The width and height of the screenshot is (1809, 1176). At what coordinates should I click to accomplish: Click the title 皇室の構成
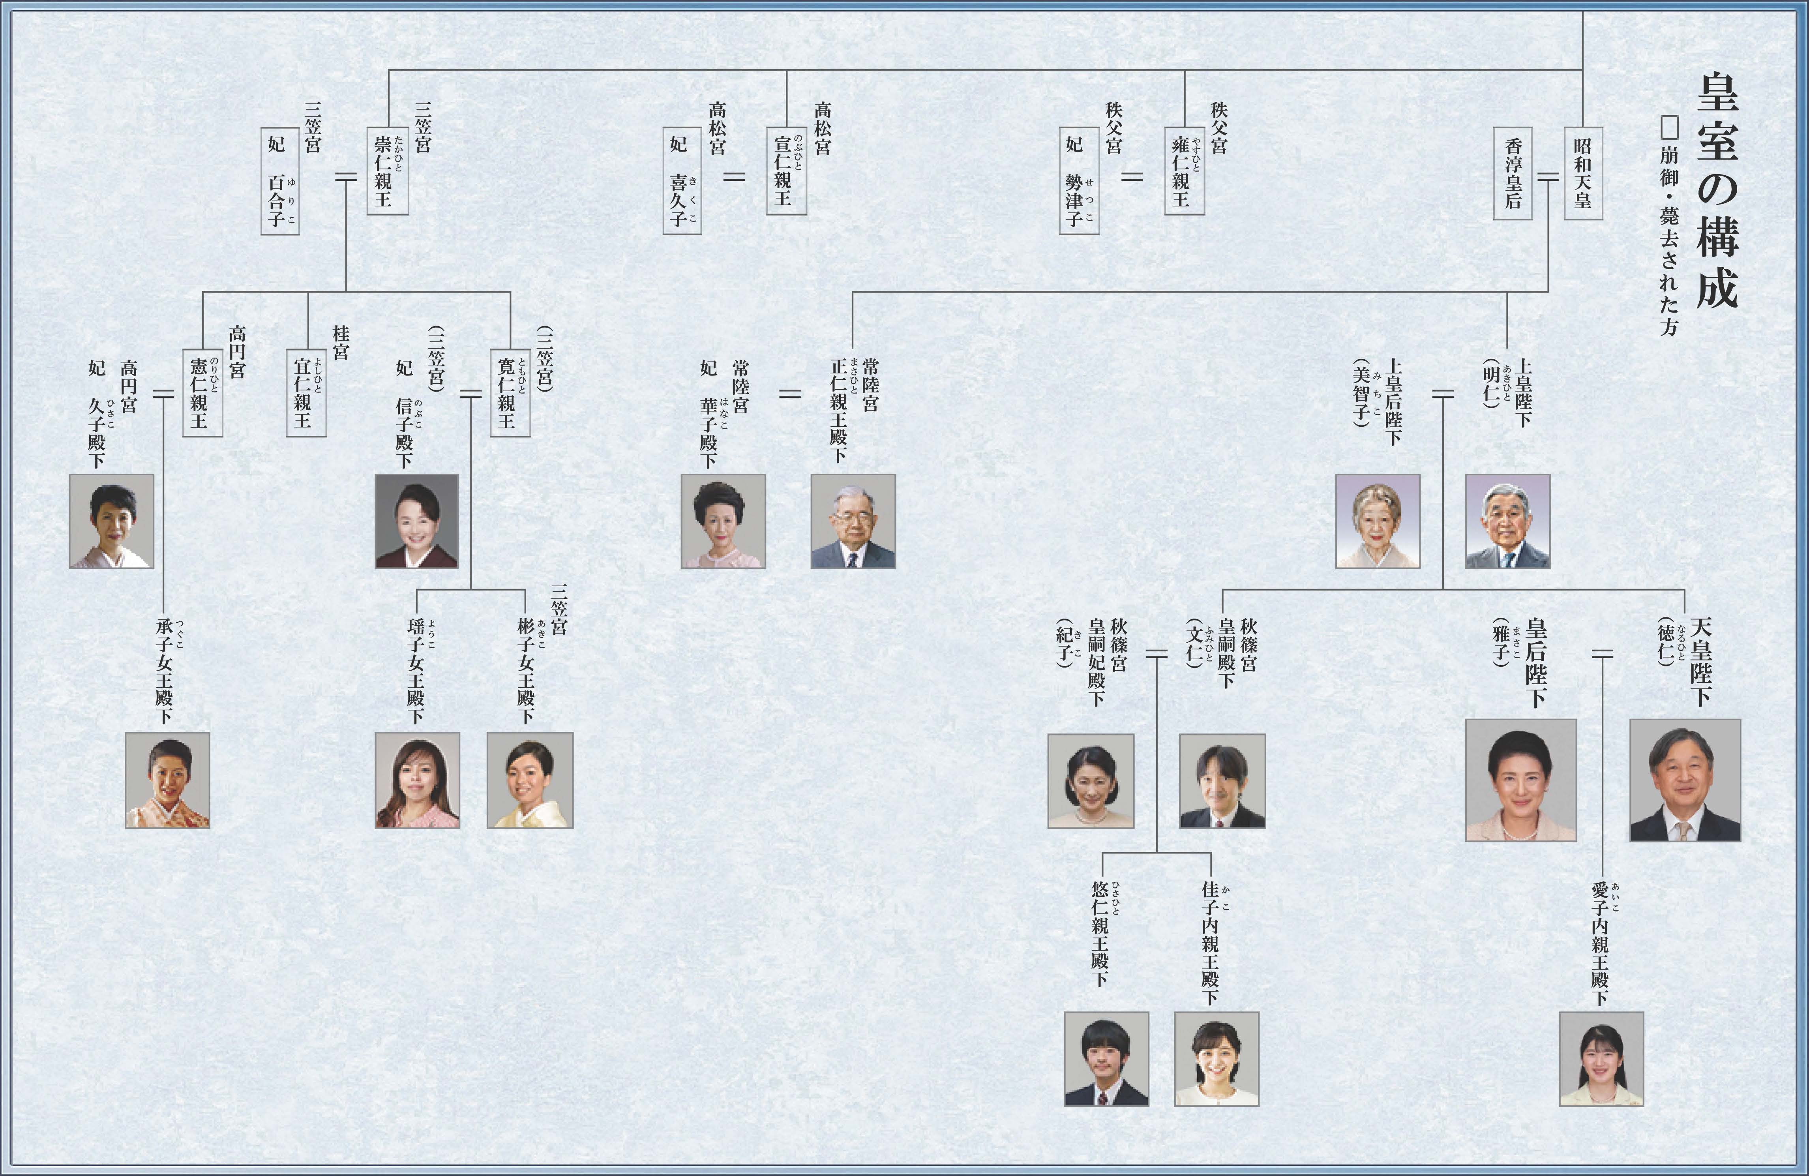(x=1717, y=190)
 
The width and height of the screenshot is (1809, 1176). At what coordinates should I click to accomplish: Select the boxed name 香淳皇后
(x=1513, y=173)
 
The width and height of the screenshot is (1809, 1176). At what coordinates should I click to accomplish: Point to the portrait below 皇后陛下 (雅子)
(x=1520, y=780)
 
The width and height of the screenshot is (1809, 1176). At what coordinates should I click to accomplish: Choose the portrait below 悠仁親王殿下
(x=1106, y=1058)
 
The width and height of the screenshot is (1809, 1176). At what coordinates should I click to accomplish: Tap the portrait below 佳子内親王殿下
(x=1216, y=1058)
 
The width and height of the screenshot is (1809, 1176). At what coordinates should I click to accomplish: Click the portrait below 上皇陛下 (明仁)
(x=1507, y=521)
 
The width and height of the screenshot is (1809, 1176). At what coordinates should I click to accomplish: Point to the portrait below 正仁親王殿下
(x=853, y=521)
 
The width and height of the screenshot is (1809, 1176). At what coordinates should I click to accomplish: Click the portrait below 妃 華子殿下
(x=723, y=521)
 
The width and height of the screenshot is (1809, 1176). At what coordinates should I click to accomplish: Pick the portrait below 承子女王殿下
(x=167, y=780)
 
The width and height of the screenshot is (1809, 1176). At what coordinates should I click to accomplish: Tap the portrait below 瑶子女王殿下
(x=417, y=780)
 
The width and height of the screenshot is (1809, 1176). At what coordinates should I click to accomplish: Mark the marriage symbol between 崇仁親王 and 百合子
(x=346, y=177)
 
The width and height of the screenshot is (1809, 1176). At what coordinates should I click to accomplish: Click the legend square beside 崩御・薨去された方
(x=1669, y=128)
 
